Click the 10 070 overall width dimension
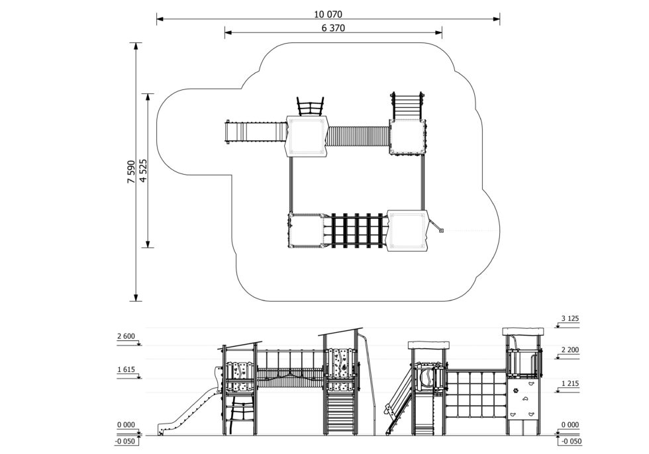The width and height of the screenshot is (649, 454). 328,15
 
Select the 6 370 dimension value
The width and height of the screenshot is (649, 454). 333,28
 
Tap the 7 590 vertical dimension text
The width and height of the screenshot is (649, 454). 131,171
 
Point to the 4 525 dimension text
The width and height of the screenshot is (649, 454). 144,170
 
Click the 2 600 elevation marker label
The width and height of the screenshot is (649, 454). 126,337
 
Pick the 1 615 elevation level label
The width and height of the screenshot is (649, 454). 126,370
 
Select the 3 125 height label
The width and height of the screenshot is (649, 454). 570,319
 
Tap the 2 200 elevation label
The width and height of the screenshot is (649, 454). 570,350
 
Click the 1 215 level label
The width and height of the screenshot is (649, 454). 570,384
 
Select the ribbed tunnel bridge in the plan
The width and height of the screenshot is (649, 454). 358,136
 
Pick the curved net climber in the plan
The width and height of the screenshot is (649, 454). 310,107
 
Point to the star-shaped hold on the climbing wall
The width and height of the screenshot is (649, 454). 516,390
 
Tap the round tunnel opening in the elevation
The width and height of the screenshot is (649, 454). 425,377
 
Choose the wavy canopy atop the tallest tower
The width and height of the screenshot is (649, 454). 523,332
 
